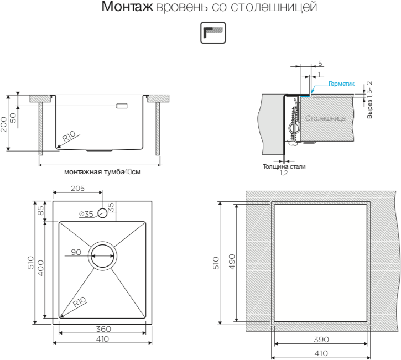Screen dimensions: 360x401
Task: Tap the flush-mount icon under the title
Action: click(212, 33)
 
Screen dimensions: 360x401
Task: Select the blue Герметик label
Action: click(341, 84)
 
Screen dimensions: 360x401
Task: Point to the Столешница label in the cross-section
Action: click(325, 118)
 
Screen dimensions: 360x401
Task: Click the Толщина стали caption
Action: click(284, 166)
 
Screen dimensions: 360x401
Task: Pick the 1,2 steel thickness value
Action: click(284, 173)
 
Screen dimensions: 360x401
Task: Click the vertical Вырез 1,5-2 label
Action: click(369, 100)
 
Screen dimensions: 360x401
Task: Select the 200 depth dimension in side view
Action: click(5, 122)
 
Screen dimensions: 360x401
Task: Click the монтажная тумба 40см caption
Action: click(102, 172)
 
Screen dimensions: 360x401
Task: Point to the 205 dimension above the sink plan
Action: click(77, 188)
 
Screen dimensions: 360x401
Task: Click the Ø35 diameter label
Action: click(86, 213)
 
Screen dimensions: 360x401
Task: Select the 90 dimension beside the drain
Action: click(76, 252)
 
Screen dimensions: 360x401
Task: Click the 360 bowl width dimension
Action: click(103, 329)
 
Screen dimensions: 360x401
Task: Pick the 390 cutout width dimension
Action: click(321, 339)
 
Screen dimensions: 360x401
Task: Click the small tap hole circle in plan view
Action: click(102, 213)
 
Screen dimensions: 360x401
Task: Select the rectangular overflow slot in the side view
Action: click(122, 105)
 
